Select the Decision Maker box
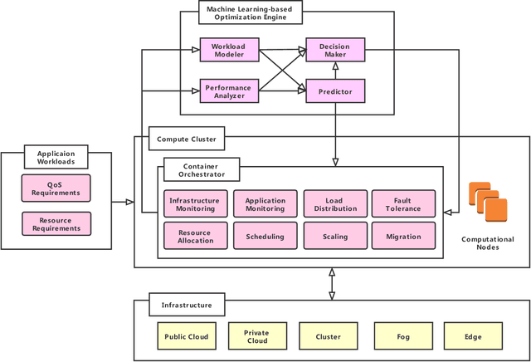point(335,50)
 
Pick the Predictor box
point(335,90)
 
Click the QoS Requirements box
point(56,188)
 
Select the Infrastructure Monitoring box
point(194,204)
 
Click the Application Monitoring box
point(265,204)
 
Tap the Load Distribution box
point(334,204)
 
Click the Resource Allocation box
point(194,236)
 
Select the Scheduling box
point(265,236)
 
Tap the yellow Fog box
point(403,337)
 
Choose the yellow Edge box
point(474,337)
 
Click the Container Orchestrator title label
point(201,170)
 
